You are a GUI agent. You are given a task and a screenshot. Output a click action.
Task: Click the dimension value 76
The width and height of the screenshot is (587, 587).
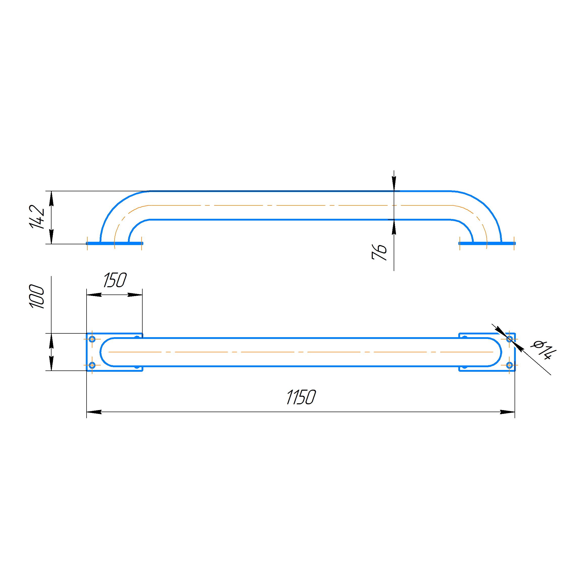(380, 252)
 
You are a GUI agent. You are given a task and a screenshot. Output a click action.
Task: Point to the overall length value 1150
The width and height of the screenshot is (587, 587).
(301, 397)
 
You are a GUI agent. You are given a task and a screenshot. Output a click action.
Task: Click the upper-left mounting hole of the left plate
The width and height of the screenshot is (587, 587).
(92, 339)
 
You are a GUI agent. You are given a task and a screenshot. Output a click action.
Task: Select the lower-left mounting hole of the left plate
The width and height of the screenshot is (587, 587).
(92, 365)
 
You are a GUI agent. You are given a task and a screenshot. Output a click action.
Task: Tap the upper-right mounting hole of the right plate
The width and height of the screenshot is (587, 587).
(510, 339)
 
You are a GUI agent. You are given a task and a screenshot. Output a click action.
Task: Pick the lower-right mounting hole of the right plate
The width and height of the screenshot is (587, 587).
(510, 365)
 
